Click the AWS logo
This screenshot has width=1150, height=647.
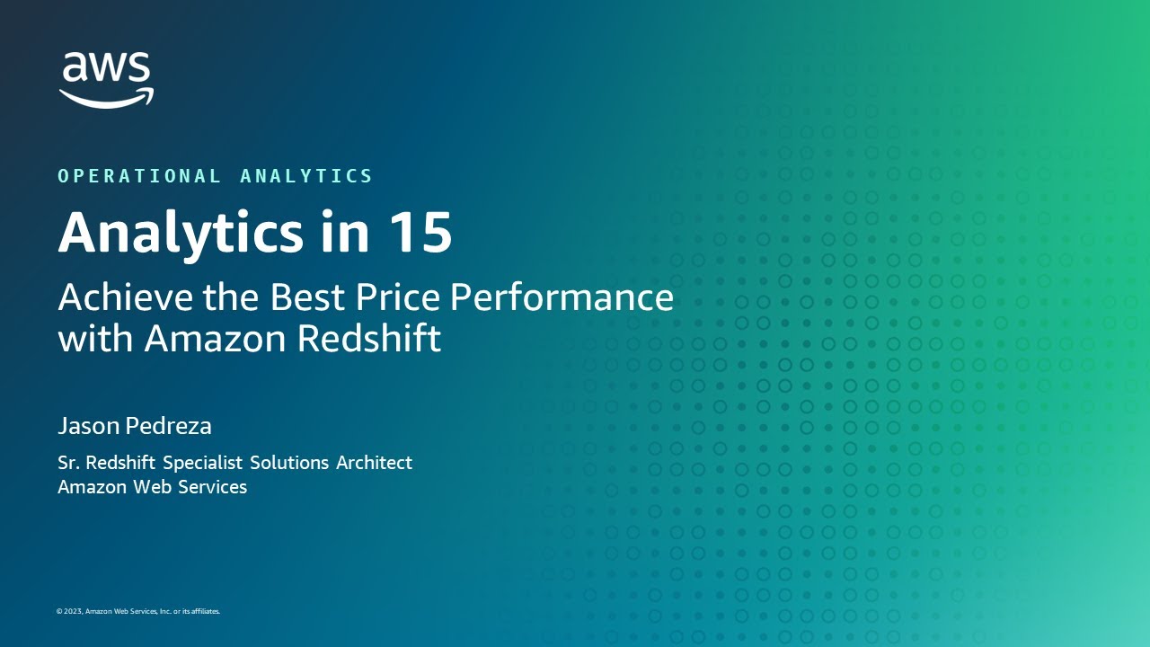point(107,79)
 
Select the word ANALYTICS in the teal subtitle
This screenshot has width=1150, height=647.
point(306,176)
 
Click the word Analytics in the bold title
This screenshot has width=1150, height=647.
point(181,233)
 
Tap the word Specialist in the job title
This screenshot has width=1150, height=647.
point(202,463)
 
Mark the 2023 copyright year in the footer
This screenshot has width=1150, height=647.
point(72,611)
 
